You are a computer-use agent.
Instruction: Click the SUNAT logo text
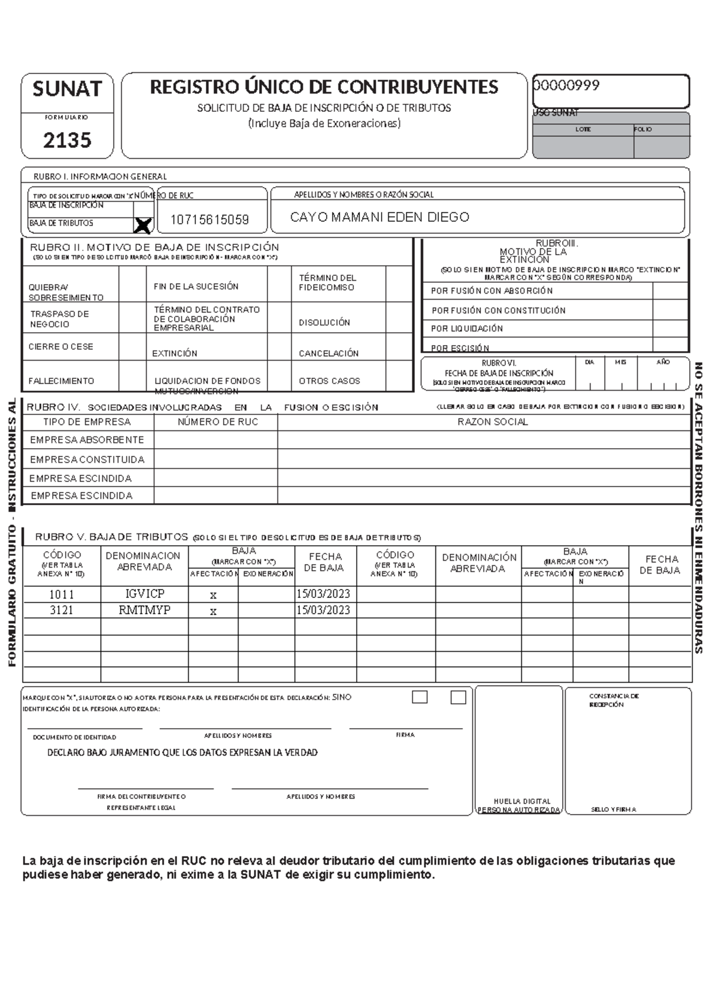point(67,89)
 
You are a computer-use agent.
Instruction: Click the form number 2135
point(67,140)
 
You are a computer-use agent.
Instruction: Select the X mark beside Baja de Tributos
point(143,225)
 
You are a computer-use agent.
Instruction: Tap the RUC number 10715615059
point(209,220)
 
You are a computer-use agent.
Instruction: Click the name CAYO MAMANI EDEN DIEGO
point(379,217)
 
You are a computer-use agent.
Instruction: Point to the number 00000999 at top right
point(567,86)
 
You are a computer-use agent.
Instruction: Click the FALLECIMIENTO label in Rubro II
point(62,381)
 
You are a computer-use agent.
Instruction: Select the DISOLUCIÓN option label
point(324,323)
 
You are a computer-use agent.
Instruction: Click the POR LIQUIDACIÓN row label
point(467,329)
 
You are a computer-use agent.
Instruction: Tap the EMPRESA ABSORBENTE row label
point(87,440)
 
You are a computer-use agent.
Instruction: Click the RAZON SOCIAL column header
point(492,422)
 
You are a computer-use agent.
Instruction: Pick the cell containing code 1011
point(62,594)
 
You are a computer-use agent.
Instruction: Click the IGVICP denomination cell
point(145,594)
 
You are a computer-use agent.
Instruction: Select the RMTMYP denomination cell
point(145,610)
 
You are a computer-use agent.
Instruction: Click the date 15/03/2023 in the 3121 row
point(323,610)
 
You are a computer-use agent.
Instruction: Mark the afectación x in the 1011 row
point(213,596)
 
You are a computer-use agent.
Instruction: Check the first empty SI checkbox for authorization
point(419,697)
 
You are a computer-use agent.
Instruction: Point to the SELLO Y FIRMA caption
point(614,809)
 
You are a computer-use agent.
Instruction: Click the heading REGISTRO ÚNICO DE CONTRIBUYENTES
point(324,88)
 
